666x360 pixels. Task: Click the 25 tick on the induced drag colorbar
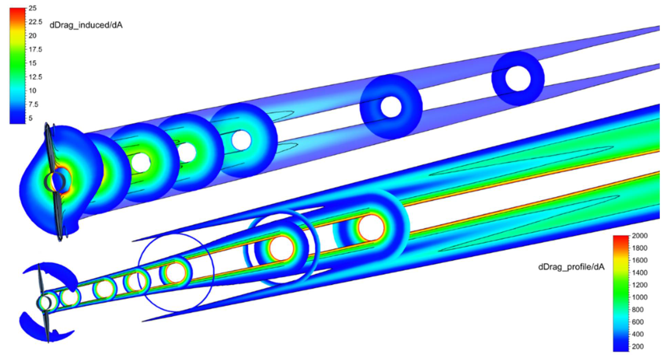click(32, 8)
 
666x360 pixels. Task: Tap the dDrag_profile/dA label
click(571, 267)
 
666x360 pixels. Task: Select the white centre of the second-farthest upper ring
click(391, 107)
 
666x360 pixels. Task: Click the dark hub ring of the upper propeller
click(55, 182)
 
